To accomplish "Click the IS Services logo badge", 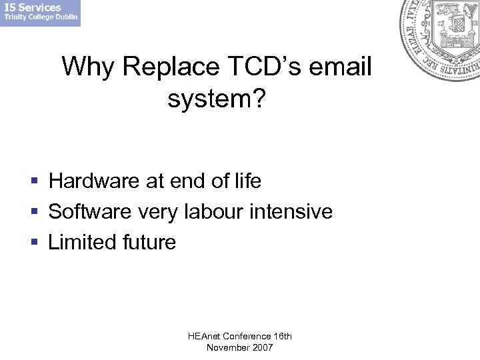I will pyautogui.click(x=40, y=13).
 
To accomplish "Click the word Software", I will pyautogui.click(x=91, y=211).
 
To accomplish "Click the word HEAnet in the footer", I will pyautogui.click(x=203, y=337).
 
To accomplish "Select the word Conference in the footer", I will pyautogui.click(x=246, y=337).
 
